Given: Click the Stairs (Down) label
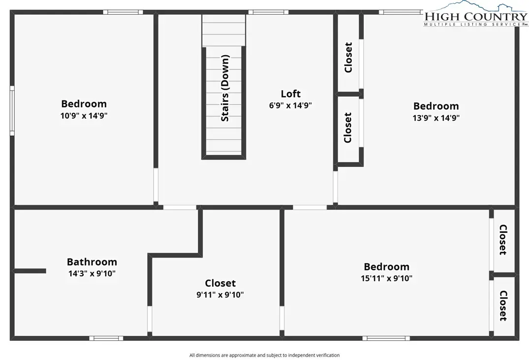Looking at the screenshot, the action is pos(225,88).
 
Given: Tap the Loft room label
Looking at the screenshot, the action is pos(290,94).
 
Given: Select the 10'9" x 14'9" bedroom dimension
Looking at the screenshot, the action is pos(84,116).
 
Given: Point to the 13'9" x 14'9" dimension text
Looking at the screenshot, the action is pos(436,118).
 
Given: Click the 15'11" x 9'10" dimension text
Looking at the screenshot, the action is pos(387,278).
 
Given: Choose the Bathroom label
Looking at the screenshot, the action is pos(92,262).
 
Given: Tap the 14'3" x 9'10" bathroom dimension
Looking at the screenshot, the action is pos(92,273).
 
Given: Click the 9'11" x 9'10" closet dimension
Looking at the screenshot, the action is pos(220,295).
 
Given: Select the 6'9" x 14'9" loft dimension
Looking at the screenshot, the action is pos(290,105).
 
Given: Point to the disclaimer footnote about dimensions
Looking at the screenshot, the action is pos(265,355).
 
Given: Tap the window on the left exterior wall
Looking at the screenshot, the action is pos(12,111).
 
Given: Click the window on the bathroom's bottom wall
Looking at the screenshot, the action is pos(106,338).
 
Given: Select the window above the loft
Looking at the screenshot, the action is pos(269,12).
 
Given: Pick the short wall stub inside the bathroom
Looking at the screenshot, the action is pos(30,271).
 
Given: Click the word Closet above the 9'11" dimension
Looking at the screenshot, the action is pos(220,283).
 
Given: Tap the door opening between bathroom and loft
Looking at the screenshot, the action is pos(180,207).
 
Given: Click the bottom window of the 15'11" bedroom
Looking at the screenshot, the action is pos(386,338).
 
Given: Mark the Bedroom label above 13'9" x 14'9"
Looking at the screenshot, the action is pos(436,106).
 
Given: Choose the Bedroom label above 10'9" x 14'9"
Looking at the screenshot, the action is pos(84,104).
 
